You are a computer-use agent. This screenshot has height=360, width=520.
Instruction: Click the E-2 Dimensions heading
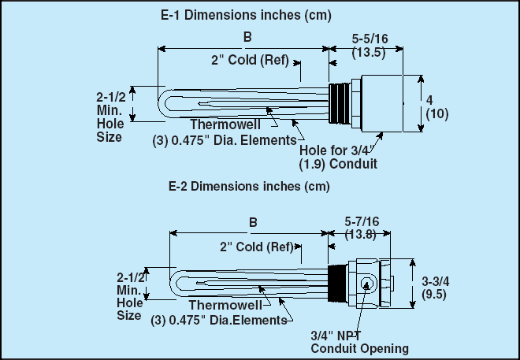click(x=248, y=187)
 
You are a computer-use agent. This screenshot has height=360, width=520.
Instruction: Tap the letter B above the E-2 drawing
click(x=253, y=222)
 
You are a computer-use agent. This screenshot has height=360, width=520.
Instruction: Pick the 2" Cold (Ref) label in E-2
click(x=256, y=247)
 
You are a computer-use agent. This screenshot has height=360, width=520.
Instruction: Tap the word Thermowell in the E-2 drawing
click(x=219, y=307)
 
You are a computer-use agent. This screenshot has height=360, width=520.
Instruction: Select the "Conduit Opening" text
click(x=359, y=348)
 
